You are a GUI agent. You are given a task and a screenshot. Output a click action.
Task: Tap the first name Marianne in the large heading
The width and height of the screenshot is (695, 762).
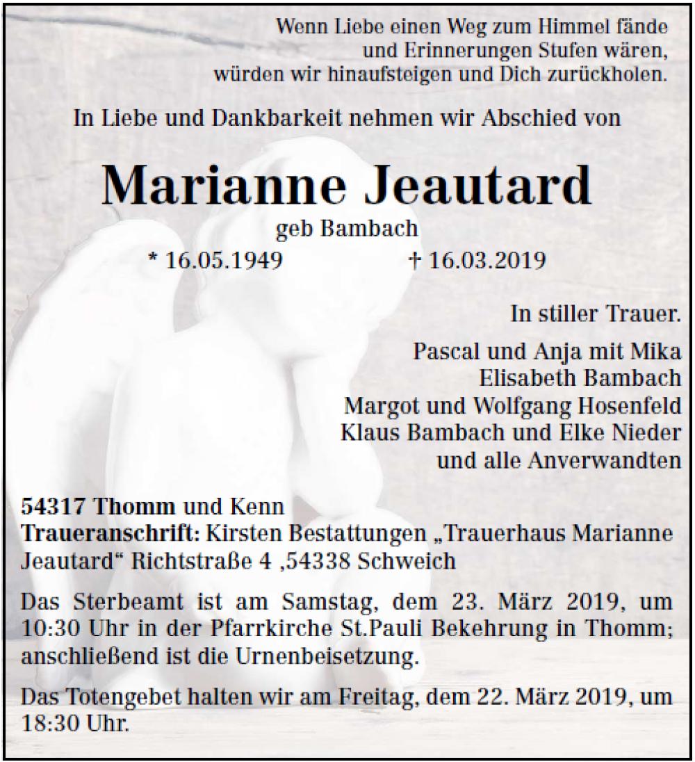[223, 185]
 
